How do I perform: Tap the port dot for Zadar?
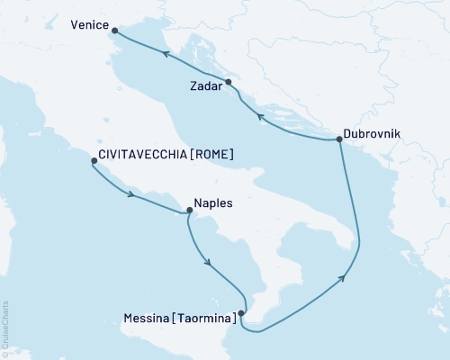pyautogui.click(x=229, y=82)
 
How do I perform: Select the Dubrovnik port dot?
pyautogui.click(x=338, y=139)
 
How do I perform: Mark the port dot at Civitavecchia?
pyautogui.click(x=94, y=162)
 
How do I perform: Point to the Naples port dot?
pyautogui.click(x=188, y=211)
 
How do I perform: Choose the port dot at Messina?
pyautogui.click(x=242, y=313)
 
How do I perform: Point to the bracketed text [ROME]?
pyautogui.click(x=213, y=155)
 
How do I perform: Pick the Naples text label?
pyautogui.click(x=213, y=203)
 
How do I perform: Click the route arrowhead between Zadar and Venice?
pyautogui.click(x=166, y=55)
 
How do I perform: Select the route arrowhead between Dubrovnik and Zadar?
pyautogui.click(x=259, y=117)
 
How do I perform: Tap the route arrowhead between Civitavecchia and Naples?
pyautogui.click(x=132, y=195)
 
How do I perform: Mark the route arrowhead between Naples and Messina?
pyautogui.click(x=209, y=263)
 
